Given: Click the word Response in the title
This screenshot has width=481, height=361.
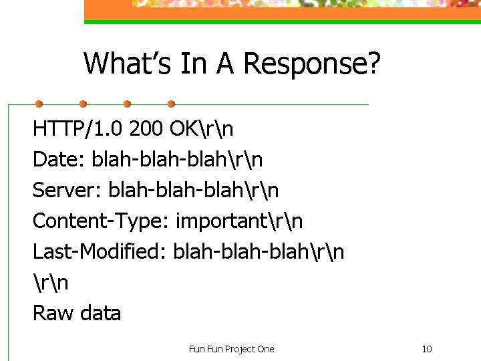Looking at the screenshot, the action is pyautogui.click(x=307, y=64).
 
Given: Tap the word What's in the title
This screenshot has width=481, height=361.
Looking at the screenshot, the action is pyautogui.click(x=127, y=63).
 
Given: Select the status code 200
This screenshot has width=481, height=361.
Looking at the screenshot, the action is pyautogui.click(x=146, y=128).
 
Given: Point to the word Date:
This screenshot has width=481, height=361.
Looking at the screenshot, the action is pyautogui.click(x=59, y=159).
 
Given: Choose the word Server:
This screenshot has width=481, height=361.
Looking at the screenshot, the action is pyautogui.click(x=67, y=190).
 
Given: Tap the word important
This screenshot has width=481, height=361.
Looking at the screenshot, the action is pyautogui.click(x=222, y=221).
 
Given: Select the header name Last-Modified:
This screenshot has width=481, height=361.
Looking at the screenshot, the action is pyautogui.click(x=99, y=251).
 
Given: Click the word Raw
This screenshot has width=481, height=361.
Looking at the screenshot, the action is pyautogui.click(x=53, y=313).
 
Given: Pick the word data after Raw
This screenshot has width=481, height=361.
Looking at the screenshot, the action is pyautogui.click(x=100, y=313).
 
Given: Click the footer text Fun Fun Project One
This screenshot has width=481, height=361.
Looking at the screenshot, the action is pyautogui.click(x=232, y=350).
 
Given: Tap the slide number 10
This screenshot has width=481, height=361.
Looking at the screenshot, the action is pyautogui.click(x=427, y=349).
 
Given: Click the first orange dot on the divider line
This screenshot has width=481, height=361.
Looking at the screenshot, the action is pyautogui.click(x=39, y=104).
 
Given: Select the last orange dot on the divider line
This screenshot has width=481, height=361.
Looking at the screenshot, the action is pyautogui.click(x=172, y=104).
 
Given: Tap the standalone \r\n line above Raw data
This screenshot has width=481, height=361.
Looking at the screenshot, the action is pyautogui.click(x=51, y=283).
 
